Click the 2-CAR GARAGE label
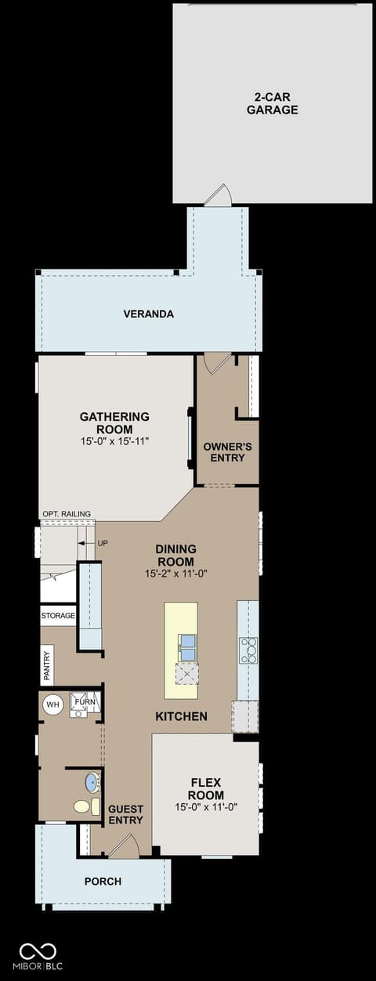pos(273,103)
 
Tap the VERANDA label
pos(148,314)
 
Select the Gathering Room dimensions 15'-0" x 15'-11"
pos(114,441)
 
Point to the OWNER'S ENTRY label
pos(227,452)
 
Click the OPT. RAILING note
pos(67,514)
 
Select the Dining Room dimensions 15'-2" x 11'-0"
pos(176,574)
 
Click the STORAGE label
pos(58,615)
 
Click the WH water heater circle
pos(52,704)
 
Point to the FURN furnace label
pos(85,701)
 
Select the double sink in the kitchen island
pos(187,648)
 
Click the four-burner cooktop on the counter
pos(248,650)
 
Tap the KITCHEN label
pos(181,716)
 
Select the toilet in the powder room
pos(87,806)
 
